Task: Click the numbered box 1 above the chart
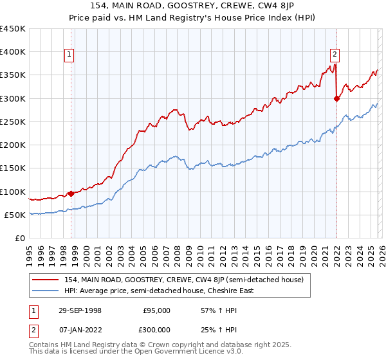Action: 69,55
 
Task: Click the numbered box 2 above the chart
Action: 335,55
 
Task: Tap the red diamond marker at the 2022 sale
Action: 336,98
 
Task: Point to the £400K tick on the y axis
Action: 13,52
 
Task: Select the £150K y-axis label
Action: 13,168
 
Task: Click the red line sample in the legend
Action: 46,280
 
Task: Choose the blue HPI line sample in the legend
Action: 46,291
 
